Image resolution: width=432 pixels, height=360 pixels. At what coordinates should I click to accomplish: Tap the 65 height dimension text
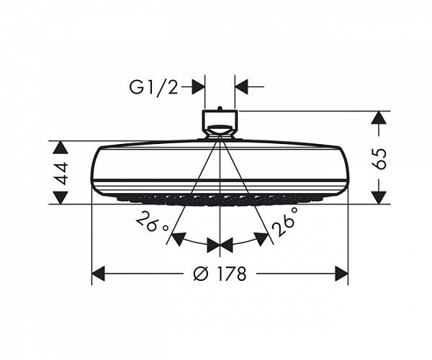click(x=380, y=158)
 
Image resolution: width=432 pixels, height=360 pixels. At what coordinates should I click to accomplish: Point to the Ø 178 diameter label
click(x=220, y=274)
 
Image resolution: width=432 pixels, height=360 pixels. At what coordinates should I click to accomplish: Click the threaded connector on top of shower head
click(x=220, y=122)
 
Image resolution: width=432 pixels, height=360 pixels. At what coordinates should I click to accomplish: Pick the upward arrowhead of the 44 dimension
click(x=60, y=147)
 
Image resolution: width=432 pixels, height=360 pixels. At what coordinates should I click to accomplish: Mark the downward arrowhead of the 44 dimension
click(x=60, y=197)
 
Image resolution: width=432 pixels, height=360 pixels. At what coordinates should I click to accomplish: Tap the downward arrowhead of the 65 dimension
click(x=379, y=197)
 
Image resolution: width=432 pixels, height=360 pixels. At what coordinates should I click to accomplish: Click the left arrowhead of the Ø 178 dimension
click(x=99, y=274)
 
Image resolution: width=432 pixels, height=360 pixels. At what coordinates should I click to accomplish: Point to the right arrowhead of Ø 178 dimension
click(x=341, y=274)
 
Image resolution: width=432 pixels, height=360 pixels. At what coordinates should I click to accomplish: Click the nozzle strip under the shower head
click(x=220, y=198)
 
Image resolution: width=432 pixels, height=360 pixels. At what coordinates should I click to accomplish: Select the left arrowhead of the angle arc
click(x=177, y=237)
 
